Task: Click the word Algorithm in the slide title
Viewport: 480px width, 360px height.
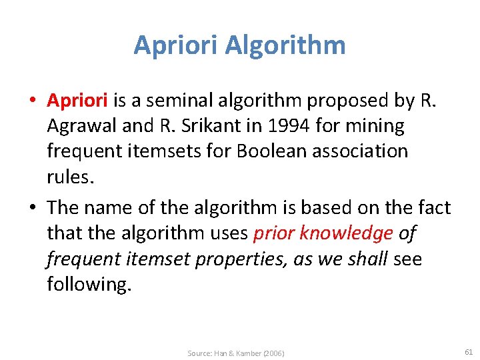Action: (x=285, y=45)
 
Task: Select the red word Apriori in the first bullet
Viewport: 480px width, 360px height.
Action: (x=77, y=101)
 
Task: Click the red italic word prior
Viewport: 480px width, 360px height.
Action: (x=274, y=233)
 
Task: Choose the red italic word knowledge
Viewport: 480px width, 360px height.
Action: (x=347, y=233)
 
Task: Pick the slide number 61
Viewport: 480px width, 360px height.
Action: (x=469, y=351)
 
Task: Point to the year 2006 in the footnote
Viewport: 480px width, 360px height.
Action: (x=275, y=353)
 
